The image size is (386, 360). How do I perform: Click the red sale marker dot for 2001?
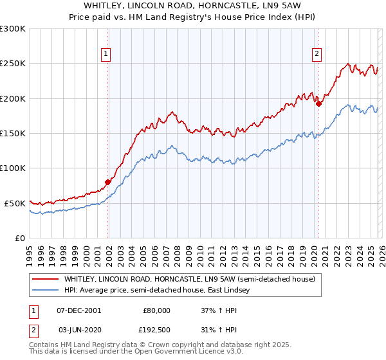[x=108, y=182]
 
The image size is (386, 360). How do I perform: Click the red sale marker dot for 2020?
[x=318, y=104]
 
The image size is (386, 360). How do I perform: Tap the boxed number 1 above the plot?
[x=105, y=55]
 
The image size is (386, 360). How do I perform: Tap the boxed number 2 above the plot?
[x=317, y=55]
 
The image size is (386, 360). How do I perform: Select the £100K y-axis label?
[x=13, y=168]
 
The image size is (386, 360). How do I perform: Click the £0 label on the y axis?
[x=20, y=238]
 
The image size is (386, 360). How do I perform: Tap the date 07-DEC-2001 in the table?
[x=78, y=310]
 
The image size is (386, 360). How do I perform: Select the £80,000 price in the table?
[x=156, y=310]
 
